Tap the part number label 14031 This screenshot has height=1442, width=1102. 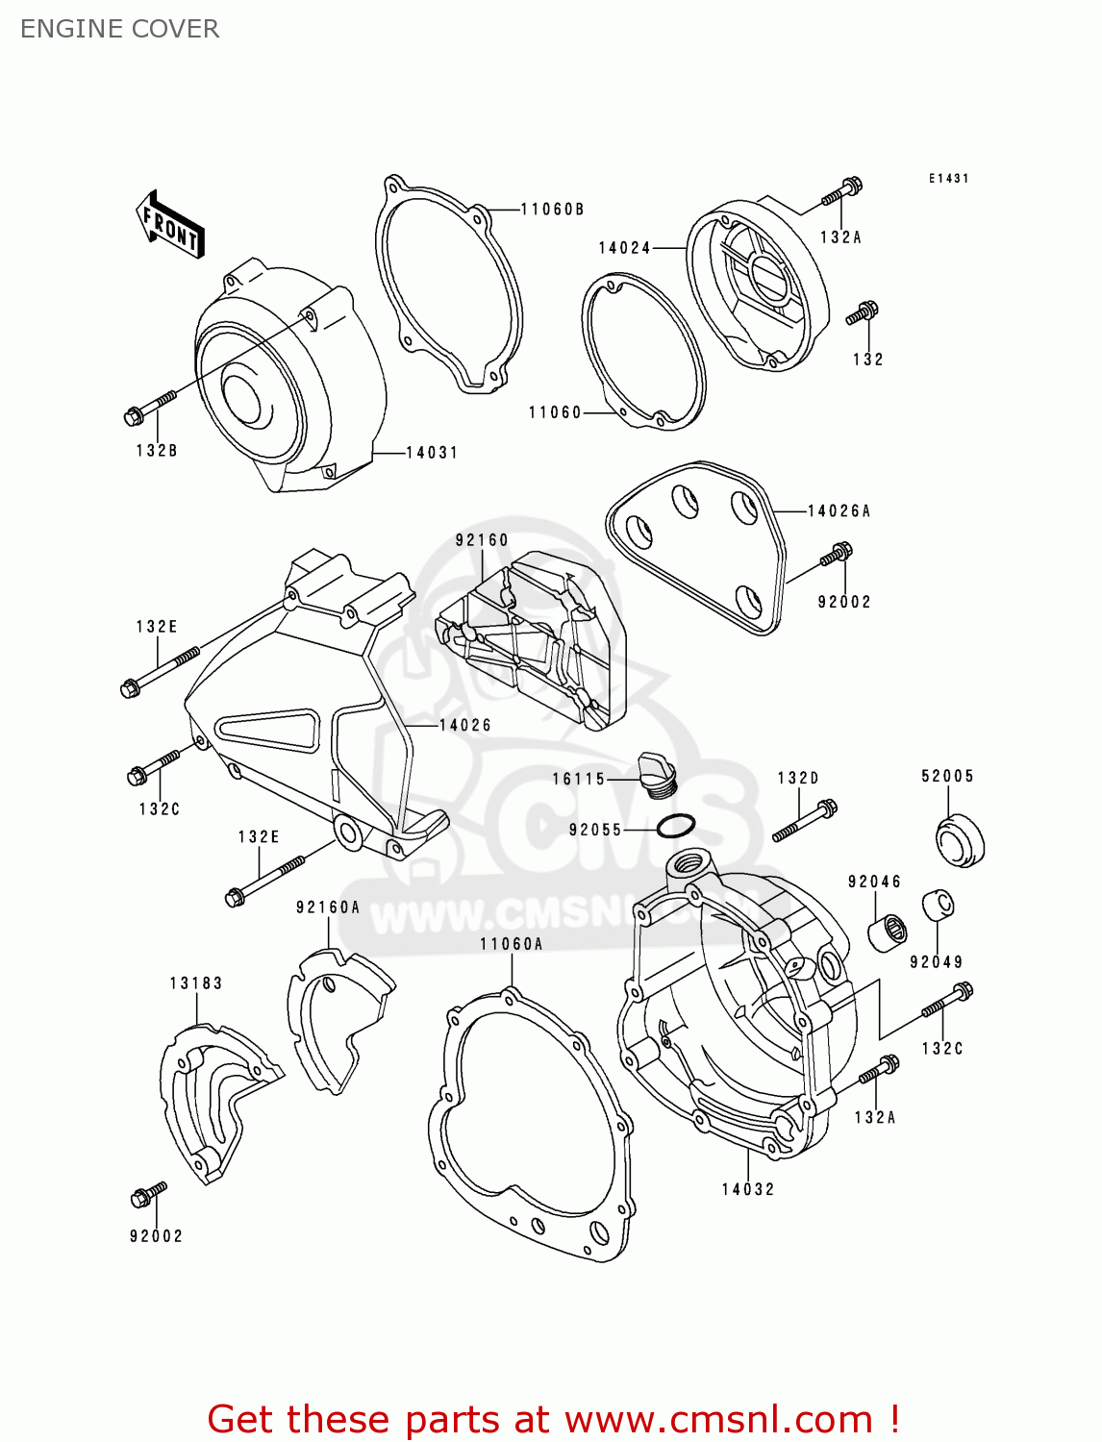click(432, 452)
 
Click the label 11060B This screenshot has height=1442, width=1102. click(553, 209)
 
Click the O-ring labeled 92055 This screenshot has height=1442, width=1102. click(676, 825)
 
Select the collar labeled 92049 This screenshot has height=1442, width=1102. click(939, 906)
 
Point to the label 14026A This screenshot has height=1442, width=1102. click(839, 510)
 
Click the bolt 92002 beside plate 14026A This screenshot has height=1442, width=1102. click(836, 555)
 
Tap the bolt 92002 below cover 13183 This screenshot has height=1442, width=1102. click(148, 1194)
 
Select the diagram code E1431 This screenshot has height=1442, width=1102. click(948, 179)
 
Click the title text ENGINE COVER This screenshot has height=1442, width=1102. click(119, 29)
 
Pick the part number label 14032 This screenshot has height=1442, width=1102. click(748, 1189)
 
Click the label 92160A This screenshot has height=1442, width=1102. click(328, 907)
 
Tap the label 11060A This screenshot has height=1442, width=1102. click(512, 944)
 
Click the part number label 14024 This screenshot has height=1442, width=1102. click(625, 247)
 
